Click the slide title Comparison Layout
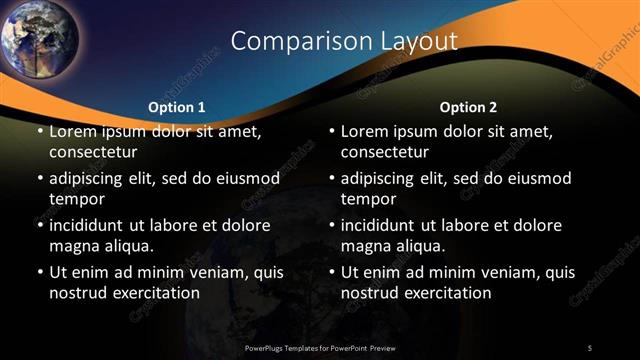(344, 41)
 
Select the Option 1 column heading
(176, 107)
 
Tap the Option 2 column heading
(468, 107)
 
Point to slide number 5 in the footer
(590, 347)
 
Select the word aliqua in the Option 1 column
(128, 246)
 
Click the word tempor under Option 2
(369, 199)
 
